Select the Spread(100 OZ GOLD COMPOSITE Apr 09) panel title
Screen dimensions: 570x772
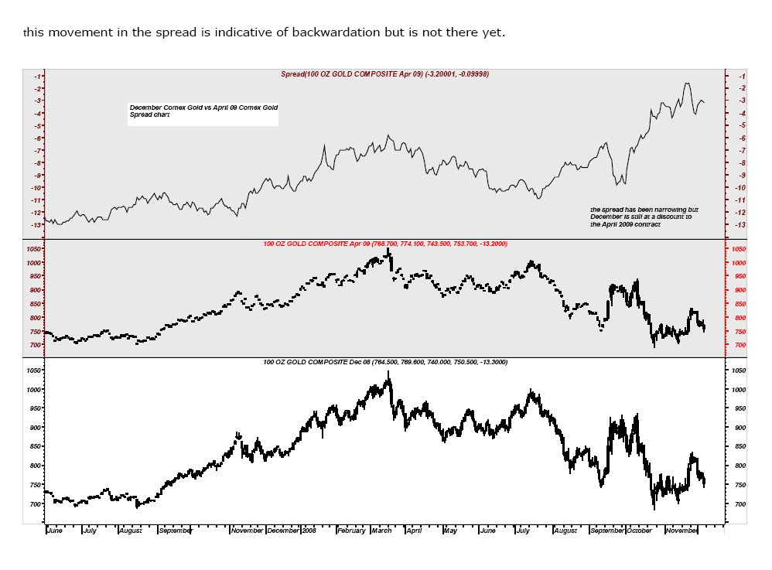click(384, 73)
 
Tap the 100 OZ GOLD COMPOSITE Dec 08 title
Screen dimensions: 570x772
click(384, 362)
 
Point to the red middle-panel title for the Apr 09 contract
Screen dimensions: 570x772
click(384, 244)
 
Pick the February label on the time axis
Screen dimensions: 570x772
click(351, 531)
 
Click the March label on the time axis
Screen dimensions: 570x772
click(381, 531)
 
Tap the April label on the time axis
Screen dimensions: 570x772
click(414, 531)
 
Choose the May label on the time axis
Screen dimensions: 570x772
click(449, 531)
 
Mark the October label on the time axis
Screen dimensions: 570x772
click(639, 531)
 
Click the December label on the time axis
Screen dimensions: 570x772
click(283, 531)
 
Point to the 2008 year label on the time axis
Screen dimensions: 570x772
click(309, 531)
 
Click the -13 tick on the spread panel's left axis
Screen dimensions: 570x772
click(36, 225)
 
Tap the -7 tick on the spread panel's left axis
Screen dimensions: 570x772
click(37, 150)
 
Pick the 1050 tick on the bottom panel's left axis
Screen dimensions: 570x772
click(33, 371)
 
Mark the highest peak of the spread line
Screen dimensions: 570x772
click(686, 83)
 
